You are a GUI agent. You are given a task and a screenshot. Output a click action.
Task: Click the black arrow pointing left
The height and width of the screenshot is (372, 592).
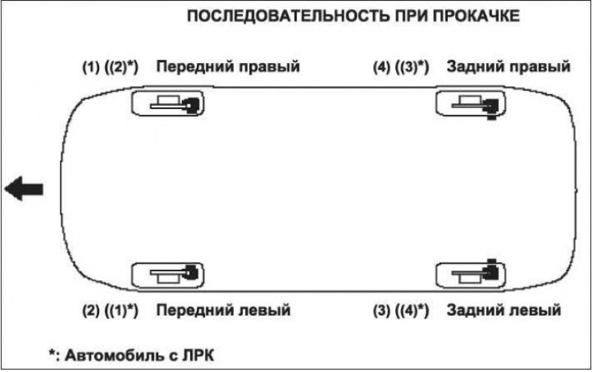24,189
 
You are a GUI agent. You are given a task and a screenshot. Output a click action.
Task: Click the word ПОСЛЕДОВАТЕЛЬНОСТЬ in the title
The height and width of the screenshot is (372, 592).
288,16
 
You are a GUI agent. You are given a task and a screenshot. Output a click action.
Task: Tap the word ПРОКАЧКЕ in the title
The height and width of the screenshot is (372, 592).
476,16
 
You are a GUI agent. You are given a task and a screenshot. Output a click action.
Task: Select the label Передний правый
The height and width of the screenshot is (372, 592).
228,67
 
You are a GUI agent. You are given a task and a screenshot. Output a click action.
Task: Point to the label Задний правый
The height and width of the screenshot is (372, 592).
508,67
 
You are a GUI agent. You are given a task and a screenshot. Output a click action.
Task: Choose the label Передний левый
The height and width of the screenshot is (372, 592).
223,310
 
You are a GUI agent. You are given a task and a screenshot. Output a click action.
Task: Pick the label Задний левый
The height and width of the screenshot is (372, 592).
504,310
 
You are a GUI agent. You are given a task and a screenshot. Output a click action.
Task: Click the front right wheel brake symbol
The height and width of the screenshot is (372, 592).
168,104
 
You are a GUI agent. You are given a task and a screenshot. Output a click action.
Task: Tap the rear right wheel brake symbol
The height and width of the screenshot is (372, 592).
471,104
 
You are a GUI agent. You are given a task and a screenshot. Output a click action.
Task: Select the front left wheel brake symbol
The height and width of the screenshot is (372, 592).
168,275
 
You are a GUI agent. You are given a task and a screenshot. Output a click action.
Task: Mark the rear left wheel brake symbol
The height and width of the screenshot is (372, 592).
471,273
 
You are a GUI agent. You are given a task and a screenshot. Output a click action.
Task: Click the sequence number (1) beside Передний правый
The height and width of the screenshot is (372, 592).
90,67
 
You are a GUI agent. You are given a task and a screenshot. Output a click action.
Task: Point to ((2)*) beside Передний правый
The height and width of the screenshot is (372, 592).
121,67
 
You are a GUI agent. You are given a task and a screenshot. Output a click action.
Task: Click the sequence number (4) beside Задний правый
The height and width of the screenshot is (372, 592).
381,67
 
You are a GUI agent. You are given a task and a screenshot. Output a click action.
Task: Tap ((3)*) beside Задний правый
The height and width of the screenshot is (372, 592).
411,67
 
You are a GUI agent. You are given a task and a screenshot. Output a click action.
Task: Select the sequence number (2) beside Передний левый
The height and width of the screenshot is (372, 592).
90,310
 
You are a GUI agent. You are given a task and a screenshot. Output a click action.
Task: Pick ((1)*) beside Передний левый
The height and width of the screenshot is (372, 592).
121,310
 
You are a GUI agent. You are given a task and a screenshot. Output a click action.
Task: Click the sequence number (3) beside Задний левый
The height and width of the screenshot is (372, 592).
381,310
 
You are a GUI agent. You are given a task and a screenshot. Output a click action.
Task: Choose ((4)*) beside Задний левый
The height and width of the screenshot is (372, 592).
411,310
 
